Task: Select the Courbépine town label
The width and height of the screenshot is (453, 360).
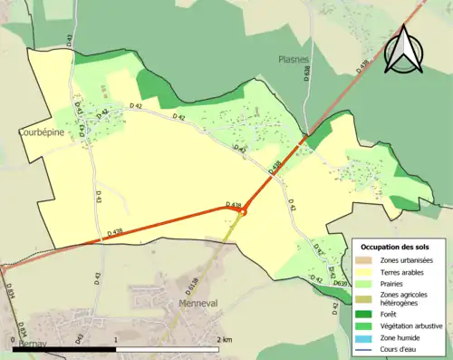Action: point(40,131)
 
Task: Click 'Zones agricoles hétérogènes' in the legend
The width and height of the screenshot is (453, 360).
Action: point(405,297)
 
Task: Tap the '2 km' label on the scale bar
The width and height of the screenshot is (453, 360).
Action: point(226,339)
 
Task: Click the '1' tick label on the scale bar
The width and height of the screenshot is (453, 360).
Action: point(117,339)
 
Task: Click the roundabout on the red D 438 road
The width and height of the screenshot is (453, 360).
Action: point(242,213)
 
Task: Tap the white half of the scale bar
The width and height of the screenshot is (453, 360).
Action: point(168,348)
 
